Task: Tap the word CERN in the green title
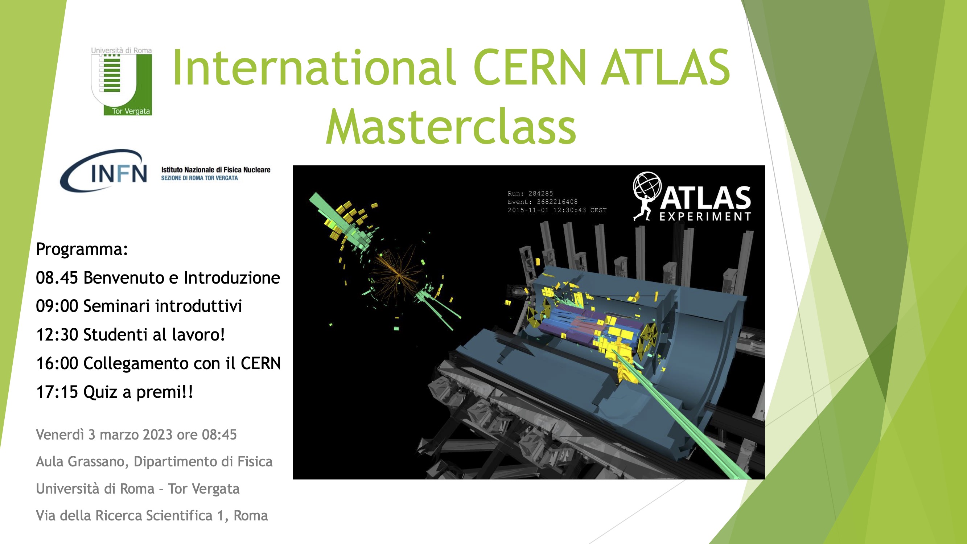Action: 530,67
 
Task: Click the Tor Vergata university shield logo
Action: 121,81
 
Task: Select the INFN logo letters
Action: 119,173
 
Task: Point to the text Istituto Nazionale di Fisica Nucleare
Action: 216,170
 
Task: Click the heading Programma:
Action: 82,249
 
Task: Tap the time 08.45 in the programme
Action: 57,278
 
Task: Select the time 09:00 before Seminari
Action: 57,306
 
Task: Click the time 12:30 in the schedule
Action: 57,334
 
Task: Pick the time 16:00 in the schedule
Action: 57,363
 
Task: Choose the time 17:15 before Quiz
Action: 57,392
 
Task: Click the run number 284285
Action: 540,194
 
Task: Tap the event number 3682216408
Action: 557,202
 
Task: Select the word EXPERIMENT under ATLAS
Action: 705,217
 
